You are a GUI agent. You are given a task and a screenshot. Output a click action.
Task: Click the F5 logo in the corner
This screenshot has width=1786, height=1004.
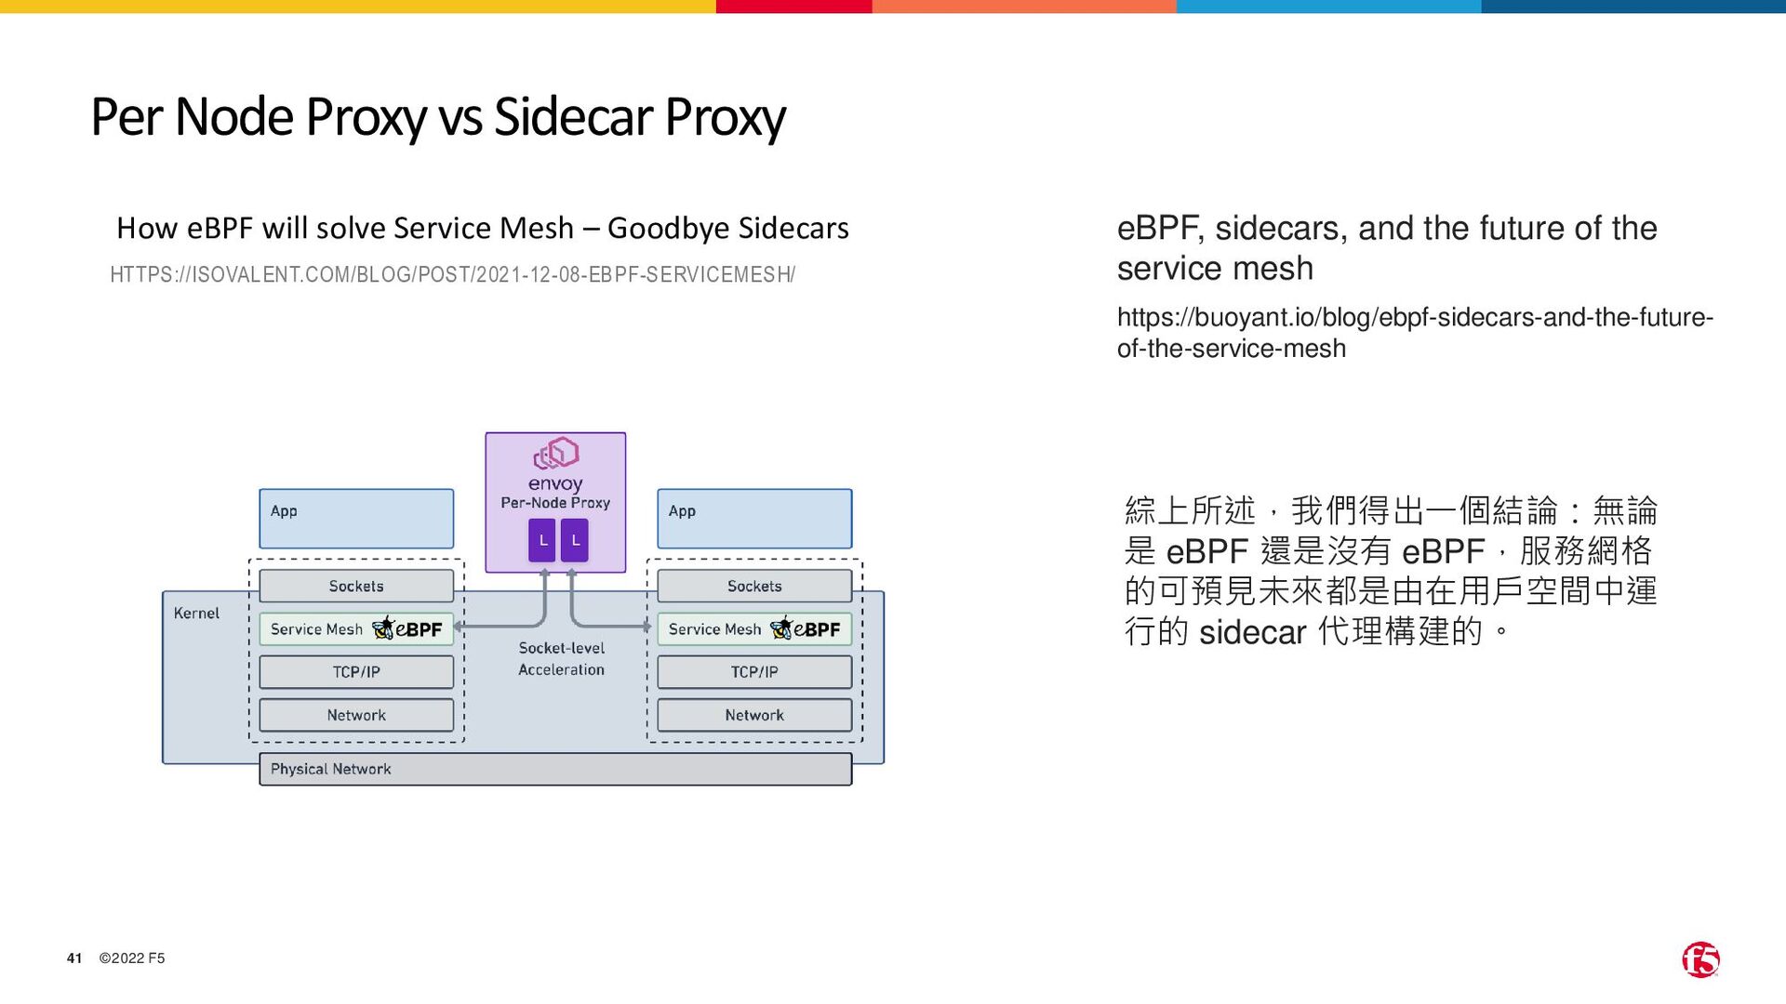point(1700,959)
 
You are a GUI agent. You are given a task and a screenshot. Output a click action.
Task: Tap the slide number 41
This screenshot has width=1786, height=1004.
point(74,958)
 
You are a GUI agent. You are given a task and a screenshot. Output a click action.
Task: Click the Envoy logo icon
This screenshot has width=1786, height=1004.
point(556,454)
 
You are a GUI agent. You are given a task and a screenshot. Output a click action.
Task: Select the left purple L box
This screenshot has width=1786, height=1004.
point(542,540)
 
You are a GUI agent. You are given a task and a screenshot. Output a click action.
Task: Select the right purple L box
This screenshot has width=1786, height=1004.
point(575,540)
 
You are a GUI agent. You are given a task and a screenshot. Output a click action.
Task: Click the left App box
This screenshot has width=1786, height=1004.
point(356,519)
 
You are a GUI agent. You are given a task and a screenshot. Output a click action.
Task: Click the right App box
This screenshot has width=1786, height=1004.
point(754,519)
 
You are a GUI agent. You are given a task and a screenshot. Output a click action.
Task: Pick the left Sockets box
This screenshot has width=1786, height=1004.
point(356,586)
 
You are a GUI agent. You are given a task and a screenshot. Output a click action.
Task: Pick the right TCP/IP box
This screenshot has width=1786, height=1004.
point(754,671)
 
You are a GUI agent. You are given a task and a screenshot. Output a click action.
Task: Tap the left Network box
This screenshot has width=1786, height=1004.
point(356,715)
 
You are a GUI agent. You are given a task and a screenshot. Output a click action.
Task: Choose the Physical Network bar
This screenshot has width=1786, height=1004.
point(555,769)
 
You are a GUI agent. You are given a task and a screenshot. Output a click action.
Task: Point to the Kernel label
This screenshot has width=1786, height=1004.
point(196,614)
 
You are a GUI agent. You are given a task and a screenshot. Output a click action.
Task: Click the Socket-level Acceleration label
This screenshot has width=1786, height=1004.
point(561,658)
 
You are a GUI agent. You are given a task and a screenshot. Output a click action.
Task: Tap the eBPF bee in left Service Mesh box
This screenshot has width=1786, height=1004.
point(383,628)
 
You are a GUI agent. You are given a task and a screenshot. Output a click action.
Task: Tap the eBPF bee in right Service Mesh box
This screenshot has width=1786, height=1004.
point(781,628)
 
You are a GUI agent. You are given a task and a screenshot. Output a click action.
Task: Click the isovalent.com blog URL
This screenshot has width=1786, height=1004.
point(452,275)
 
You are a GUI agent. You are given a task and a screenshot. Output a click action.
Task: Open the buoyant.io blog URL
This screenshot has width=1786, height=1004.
point(1414,333)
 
